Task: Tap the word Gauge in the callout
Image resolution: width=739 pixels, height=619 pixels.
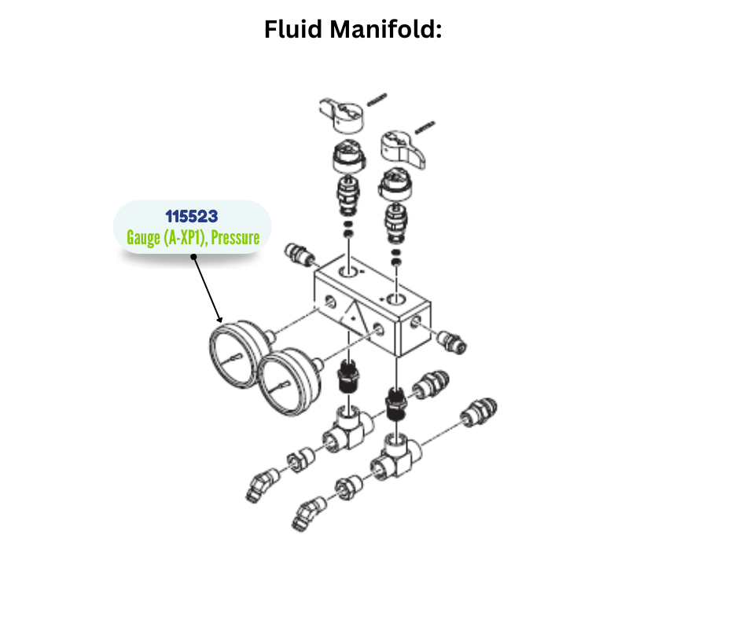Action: point(142,238)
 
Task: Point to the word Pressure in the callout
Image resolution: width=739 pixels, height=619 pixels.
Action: point(235,238)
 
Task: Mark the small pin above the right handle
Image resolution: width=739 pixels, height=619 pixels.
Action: point(425,125)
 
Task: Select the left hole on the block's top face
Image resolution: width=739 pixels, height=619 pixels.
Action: point(347,272)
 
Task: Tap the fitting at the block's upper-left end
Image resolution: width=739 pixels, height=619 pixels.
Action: point(299,254)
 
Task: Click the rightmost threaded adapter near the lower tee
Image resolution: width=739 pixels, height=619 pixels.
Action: point(477,413)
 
